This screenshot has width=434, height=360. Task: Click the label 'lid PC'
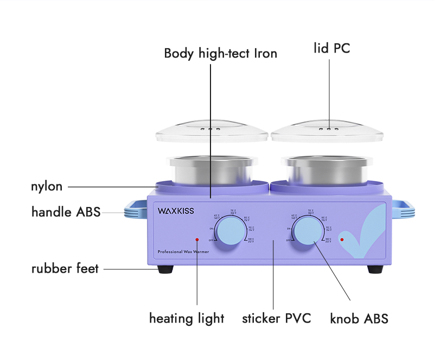coord(331,48)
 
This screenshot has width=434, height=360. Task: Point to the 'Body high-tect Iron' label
coord(220,53)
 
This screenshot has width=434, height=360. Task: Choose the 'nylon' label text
coord(46,187)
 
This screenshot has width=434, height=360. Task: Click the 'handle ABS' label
coord(66,212)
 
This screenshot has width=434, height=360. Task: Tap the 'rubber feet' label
coord(65,268)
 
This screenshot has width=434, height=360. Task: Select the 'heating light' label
coord(187,318)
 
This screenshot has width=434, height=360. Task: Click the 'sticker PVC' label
coord(276,318)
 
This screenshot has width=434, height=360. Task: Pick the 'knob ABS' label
coord(359,319)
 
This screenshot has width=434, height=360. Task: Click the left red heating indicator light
coord(197,239)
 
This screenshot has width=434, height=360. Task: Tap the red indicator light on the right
coord(342,239)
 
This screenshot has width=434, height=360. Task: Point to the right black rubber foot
coord(375,269)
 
